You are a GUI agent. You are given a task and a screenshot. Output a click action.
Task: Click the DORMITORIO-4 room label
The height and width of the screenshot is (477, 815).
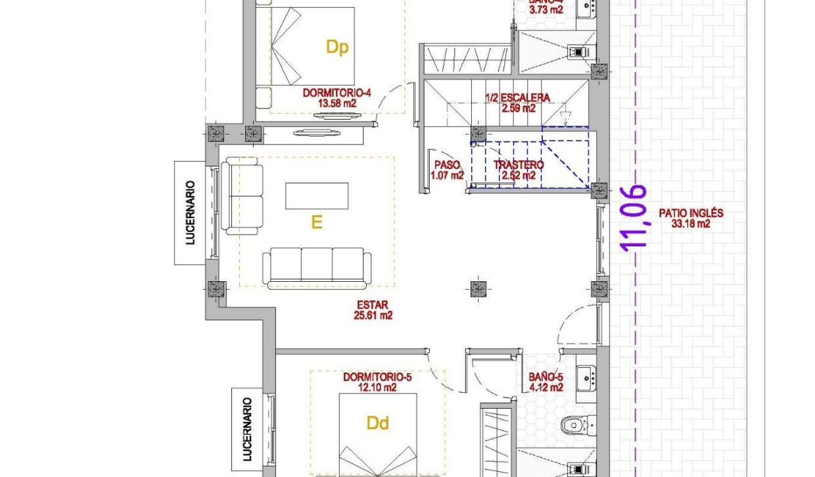point(337,98)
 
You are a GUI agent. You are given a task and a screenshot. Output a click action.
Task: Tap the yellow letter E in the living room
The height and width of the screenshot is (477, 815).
point(317,223)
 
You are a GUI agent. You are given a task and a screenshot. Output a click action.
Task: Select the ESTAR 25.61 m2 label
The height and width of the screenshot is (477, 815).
point(373,310)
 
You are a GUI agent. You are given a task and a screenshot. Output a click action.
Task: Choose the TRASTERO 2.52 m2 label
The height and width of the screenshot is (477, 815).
point(519,170)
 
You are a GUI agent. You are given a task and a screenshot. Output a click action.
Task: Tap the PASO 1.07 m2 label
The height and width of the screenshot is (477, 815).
point(447,171)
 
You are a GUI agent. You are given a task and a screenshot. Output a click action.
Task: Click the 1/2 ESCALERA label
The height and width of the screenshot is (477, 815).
point(517,102)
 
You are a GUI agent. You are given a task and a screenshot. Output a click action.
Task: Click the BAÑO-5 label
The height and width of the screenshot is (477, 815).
point(546,382)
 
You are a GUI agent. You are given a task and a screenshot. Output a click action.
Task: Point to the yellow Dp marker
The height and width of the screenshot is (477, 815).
point(337,47)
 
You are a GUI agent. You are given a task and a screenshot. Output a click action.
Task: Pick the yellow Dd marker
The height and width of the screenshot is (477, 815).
point(378,424)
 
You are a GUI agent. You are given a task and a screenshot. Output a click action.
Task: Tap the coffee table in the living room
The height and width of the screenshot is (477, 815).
point(317,196)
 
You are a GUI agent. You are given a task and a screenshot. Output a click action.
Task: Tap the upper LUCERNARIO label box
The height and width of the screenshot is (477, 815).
point(191,212)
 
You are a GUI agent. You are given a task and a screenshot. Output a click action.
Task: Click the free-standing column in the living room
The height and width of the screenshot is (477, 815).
point(478,288)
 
